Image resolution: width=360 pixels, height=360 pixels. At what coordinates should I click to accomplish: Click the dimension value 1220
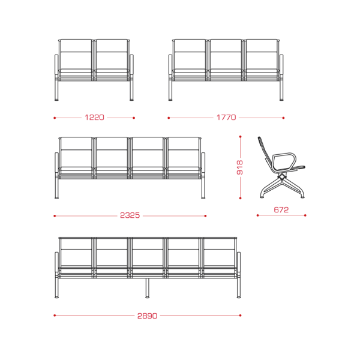tap(94, 118)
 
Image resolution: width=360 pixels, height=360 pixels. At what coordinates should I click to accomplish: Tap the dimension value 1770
tap(226, 118)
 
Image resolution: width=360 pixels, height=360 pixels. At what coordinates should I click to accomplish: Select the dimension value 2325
tap(130, 215)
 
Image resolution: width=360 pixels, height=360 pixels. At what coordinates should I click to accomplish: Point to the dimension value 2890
tap(147, 316)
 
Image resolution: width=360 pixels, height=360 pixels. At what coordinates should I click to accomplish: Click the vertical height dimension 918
tap(239, 167)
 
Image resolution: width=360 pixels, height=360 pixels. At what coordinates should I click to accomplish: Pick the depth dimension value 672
tap(281, 209)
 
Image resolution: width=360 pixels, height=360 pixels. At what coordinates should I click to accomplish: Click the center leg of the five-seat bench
tap(147, 288)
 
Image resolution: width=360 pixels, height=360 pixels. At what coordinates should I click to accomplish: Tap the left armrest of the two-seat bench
tap(56, 65)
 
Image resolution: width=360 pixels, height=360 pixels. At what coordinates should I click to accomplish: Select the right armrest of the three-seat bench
tap(281, 65)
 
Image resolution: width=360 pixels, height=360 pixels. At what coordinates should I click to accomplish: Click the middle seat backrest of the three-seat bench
tap(226, 54)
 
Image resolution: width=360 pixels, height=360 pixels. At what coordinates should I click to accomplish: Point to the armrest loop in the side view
tap(284, 161)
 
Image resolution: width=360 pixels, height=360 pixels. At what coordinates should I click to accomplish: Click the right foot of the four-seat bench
tap(203, 197)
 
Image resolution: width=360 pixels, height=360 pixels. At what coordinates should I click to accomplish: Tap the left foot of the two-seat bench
tap(56, 100)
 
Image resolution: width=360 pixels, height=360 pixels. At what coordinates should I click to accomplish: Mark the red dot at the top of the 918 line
tap(240, 137)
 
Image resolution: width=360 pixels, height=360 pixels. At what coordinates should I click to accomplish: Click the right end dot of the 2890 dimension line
tap(240, 316)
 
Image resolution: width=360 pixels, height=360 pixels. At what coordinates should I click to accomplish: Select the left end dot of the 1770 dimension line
tap(169, 118)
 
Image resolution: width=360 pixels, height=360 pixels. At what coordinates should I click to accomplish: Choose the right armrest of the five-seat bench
tap(239, 262)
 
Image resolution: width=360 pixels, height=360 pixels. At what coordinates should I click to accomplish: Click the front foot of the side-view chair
tap(302, 197)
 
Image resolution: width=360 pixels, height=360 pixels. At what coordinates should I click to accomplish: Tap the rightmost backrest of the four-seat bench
tap(183, 152)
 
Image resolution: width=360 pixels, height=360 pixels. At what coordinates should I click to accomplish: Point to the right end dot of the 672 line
tap(305, 215)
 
